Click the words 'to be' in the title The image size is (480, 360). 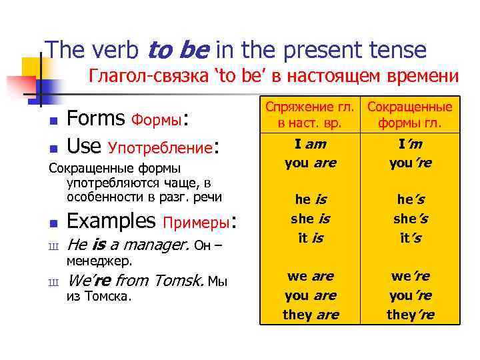point(178,49)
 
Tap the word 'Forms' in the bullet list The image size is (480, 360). point(96,119)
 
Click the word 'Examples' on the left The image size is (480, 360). point(111,220)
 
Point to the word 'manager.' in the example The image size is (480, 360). point(159,245)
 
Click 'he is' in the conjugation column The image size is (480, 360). point(310,199)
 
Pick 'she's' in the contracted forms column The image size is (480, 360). point(409,218)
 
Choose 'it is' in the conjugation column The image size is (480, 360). point(310,237)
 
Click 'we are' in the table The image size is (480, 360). point(310,276)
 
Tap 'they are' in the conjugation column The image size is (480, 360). point(310,314)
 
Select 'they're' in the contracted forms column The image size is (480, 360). point(409,314)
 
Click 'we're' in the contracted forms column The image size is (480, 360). point(409,276)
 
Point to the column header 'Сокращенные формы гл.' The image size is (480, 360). point(409,115)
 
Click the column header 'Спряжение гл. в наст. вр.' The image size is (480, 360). point(310,115)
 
